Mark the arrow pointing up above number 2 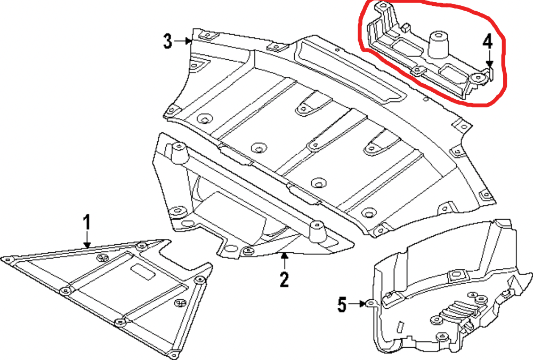pos(285,259)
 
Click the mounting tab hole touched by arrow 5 pos(372,304)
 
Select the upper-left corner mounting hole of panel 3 pos(205,36)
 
